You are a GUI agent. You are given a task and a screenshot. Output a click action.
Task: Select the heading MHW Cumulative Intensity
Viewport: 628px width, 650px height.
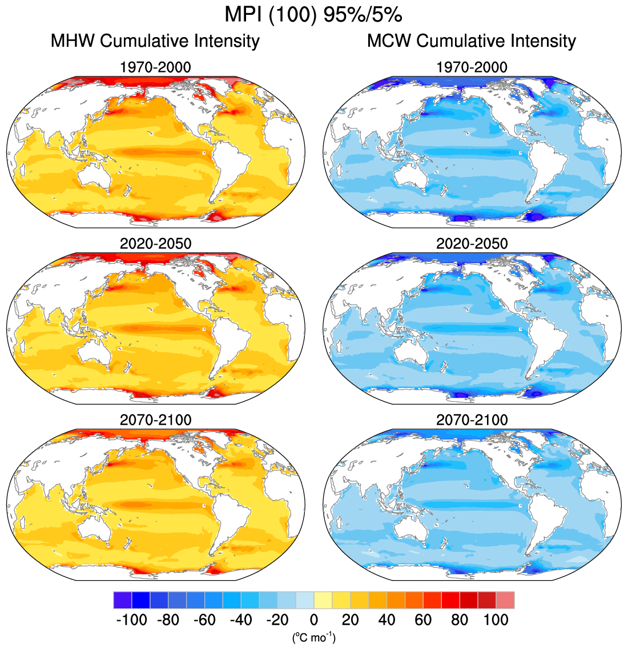pos(155,41)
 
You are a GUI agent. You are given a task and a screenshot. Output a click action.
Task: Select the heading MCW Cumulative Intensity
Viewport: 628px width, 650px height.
pos(472,41)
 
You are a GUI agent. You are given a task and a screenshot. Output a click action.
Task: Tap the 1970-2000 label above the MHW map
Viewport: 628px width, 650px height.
pos(155,67)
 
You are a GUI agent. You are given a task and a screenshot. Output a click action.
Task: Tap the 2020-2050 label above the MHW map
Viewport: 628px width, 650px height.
pos(155,244)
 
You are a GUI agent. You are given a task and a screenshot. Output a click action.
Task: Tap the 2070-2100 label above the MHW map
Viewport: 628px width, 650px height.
pos(155,420)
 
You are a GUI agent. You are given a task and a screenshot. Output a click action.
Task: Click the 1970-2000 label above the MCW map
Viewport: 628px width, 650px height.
pos(472,67)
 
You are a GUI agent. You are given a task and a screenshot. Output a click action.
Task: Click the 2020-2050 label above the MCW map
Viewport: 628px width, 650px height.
pos(472,244)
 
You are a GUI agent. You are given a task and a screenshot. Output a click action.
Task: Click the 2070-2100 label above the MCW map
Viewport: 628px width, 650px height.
pos(472,420)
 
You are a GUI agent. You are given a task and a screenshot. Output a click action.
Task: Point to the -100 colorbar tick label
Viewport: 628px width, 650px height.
pos(131,620)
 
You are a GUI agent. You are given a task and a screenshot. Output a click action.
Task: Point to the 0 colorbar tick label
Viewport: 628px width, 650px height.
pos(314,620)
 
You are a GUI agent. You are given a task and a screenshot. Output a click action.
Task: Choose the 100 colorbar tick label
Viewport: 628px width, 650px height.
pos(496,620)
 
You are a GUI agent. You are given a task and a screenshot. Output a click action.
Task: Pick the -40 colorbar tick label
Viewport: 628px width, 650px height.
pos(241,620)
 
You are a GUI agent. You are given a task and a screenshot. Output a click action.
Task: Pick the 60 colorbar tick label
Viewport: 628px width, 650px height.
pos(423,620)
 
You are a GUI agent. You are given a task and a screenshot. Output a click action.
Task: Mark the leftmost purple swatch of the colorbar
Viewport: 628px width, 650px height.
pos(122,600)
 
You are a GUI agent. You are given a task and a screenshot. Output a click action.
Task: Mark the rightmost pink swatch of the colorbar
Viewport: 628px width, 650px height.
pos(505,600)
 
